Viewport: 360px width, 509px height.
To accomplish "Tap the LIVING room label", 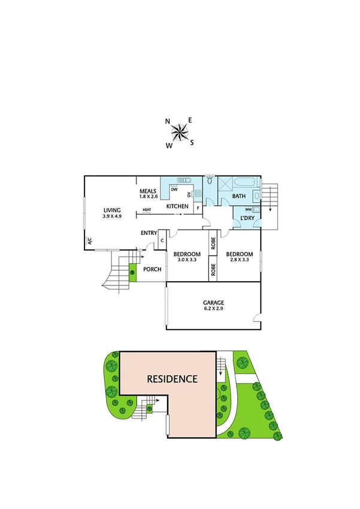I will click(112, 210).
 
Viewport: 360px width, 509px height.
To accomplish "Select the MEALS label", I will click(147, 191).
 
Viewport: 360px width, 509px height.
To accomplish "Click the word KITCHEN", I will click(178, 207).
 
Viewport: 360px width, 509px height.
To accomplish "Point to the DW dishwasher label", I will click(174, 189).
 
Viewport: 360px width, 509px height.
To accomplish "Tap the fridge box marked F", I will click(197, 207).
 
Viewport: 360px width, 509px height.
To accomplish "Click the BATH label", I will click(238, 196).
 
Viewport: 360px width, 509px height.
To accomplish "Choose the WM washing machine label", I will click(247, 209).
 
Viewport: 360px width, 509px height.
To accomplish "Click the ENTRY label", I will click(149, 233).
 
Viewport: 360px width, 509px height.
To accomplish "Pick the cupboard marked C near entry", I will click(161, 240).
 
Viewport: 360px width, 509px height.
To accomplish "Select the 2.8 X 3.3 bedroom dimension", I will click(238, 260).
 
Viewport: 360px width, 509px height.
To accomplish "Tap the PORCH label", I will click(152, 269).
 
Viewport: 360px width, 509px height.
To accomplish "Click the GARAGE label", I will click(214, 303).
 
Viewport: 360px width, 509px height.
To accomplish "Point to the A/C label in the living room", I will click(90, 242).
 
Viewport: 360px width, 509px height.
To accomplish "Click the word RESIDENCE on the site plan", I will click(173, 379).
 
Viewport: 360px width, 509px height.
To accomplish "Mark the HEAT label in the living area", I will click(147, 210).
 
